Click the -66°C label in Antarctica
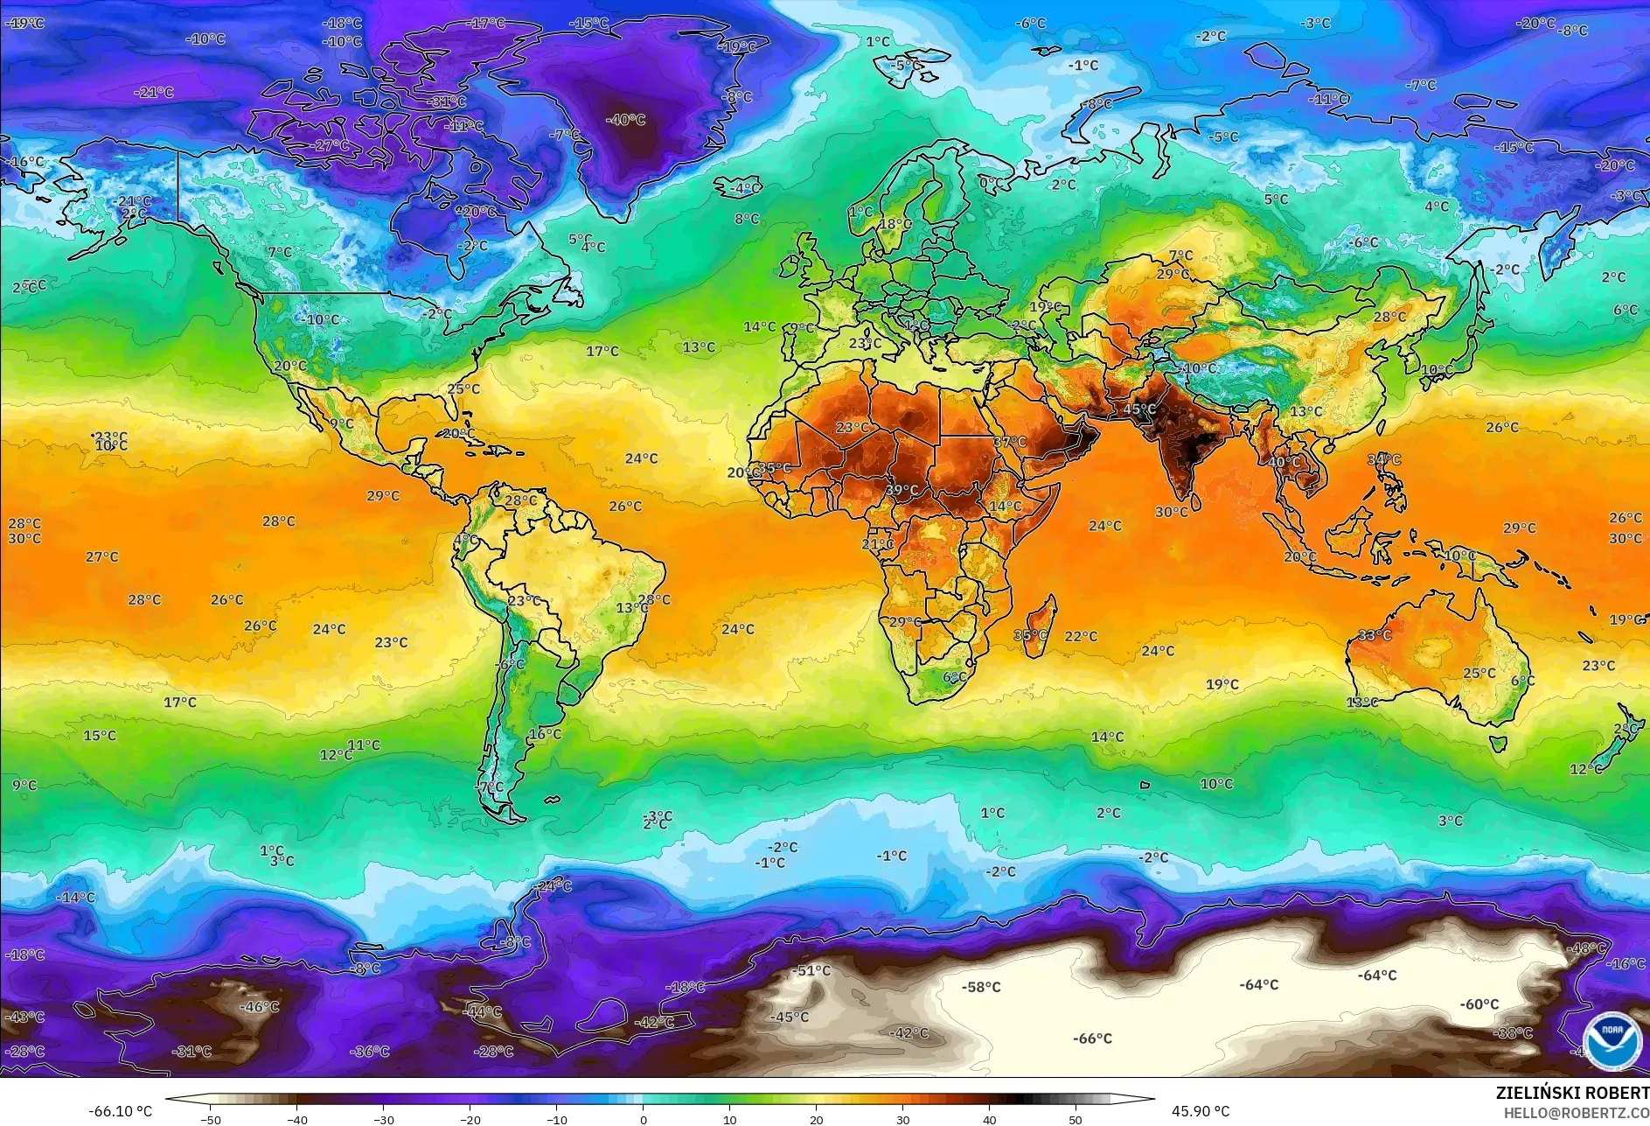pyautogui.click(x=1092, y=1039)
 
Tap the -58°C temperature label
pyautogui.click(x=981, y=987)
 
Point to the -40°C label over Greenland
pyautogui.click(x=626, y=120)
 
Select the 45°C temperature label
pyautogui.click(x=1139, y=409)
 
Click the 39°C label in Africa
pyautogui.click(x=902, y=490)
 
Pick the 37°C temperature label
pyautogui.click(x=1010, y=442)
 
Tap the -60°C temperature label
pyautogui.click(x=1479, y=1004)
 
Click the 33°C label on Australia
pyautogui.click(x=1375, y=635)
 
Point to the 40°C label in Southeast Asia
pyautogui.click(x=1284, y=462)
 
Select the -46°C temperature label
pyautogui.click(x=260, y=1007)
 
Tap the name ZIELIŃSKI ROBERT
pyautogui.click(x=1571, y=1093)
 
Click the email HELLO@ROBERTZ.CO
pyautogui.click(x=1576, y=1113)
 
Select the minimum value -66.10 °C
pyautogui.click(x=120, y=1111)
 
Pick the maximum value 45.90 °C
pyautogui.click(x=1200, y=1111)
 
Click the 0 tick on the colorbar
pyautogui.click(x=644, y=1119)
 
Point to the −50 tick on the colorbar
pyautogui.click(x=210, y=1119)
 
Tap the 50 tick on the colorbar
pyautogui.click(x=1075, y=1119)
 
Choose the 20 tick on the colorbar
pyautogui.click(x=816, y=1119)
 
